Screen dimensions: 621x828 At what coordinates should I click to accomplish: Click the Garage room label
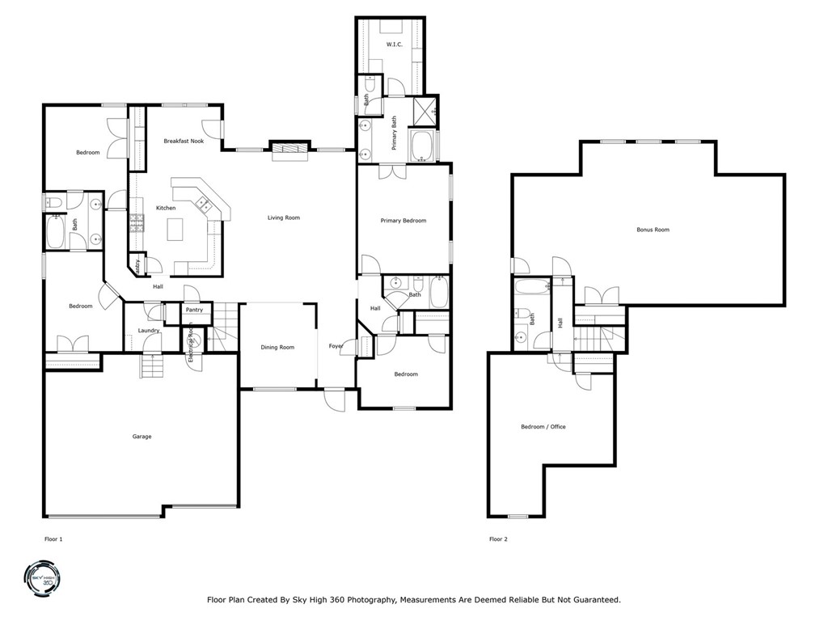click(142, 437)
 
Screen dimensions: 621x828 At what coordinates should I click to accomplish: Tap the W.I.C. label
click(394, 44)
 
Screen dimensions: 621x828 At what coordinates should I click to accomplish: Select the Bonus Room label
click(653, 230)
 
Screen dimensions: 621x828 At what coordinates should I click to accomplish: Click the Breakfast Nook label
click(183, 141)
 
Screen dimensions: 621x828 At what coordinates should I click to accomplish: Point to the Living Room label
click(284, 218)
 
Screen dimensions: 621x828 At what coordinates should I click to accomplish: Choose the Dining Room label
click(277, 347)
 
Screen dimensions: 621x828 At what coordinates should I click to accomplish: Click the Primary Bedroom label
click(403, 221)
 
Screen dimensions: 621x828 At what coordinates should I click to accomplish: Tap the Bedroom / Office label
click(543, 426)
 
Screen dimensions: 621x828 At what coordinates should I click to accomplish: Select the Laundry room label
click(148, 330)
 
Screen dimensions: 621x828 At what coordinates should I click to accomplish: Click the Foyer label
click(336, 346)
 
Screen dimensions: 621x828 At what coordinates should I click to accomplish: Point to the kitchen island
click(175, 230)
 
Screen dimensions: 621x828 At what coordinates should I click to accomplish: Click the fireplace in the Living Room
click(289, 149)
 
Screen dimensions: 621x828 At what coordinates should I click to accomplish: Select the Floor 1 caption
click(53, 539)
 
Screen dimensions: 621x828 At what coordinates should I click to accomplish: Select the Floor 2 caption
click(498, 539)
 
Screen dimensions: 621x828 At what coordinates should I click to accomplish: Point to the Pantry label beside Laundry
click(194, 310)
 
